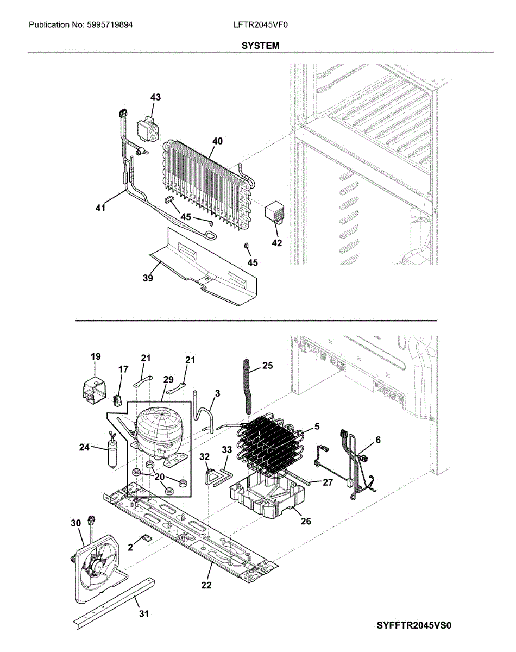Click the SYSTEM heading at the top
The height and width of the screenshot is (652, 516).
click(261, 46)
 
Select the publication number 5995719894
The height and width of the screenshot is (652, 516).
click(109, 25)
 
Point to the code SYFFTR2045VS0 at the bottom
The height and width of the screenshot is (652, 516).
click(414, 625)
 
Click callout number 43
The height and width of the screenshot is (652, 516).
click(156, 97)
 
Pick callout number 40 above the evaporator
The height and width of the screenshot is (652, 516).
click(217, 141)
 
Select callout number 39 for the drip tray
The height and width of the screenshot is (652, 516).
click(148, 279)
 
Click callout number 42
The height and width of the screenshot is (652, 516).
click(277, 243)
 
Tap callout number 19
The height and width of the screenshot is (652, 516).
click(96, 357)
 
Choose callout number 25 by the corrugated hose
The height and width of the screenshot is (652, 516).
click(267, 366)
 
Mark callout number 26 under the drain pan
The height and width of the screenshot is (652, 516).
click(306, 521)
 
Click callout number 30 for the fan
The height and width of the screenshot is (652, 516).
click(75, 523)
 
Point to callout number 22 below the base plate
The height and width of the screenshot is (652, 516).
click(206, 585)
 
